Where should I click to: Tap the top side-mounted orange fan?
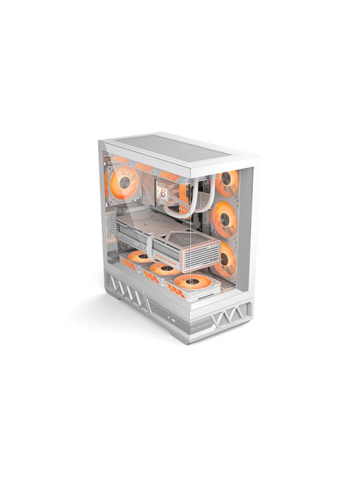click(x=227, y=183)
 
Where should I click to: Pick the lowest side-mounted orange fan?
click(x=226, y=258)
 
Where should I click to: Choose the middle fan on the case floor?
click(x=163, y=269)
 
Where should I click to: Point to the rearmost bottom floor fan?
click(x=139, y=258)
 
